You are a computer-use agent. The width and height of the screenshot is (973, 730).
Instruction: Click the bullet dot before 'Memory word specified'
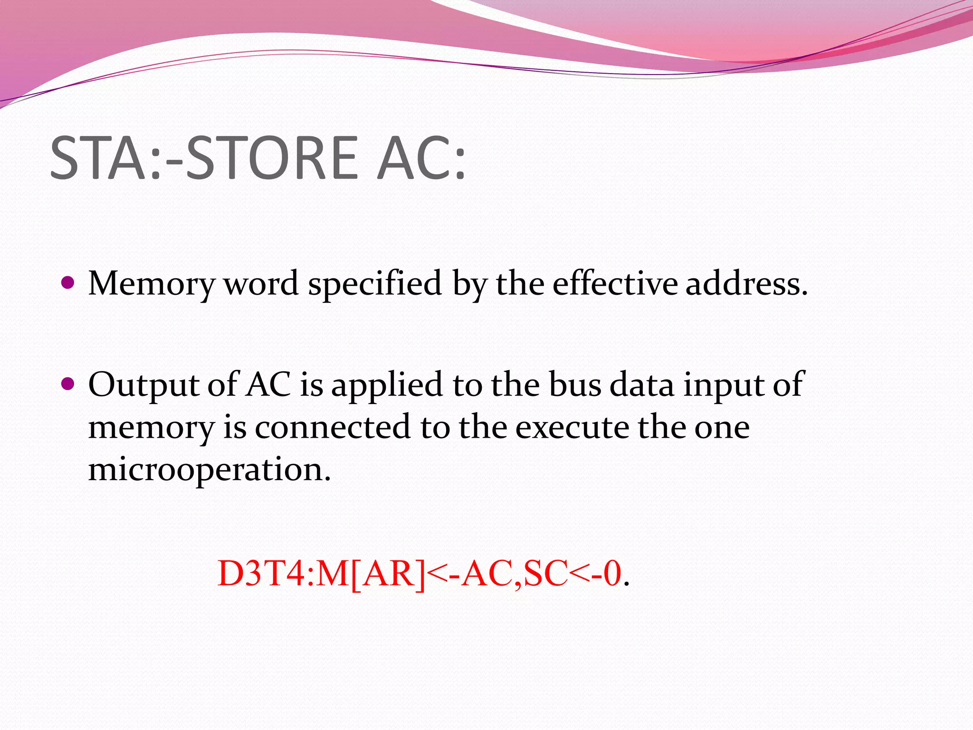coord(68,283)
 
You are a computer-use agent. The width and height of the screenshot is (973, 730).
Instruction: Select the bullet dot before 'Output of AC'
coord(68,384)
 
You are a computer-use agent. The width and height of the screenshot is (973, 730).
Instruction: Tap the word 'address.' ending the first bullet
coord(746,283)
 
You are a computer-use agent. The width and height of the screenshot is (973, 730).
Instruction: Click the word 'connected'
coord(333,427)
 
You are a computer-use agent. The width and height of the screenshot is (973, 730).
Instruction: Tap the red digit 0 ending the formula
coord(613,574)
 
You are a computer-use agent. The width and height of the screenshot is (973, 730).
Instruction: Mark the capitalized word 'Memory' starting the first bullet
coord(151,284)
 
